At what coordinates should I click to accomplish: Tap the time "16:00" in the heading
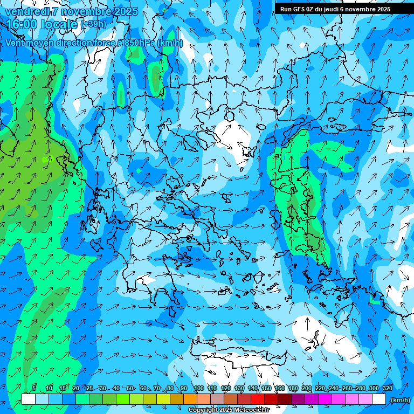(x=22, y=24)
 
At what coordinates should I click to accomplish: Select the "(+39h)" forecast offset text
(x=93, y=24)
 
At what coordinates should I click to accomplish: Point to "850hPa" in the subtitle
(x=142, y=43)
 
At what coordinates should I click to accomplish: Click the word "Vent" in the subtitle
(x=15, y=43)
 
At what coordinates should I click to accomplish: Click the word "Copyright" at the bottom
(x=203, y=410)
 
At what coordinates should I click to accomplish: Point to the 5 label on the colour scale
(x=34, y=388)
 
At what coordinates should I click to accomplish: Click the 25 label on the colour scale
(x=89, y=388)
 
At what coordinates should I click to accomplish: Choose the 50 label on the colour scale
(x=130, y=388)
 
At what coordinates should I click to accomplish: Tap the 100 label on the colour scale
(x=198, y=388)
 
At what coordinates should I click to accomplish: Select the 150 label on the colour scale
(x=266, y=388)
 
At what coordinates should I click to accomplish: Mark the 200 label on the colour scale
(x=307, y=388)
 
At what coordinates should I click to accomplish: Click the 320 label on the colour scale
(x=388, y=388)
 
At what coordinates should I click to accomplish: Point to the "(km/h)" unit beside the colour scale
(x=401, y=400)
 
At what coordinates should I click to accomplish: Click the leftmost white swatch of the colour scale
(x=29, y=399)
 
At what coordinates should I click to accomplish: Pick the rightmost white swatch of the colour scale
(x=379, y=399)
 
